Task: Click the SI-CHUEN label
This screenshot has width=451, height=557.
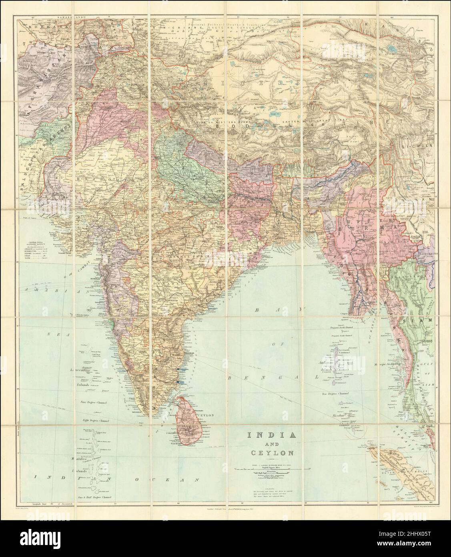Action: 418,146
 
